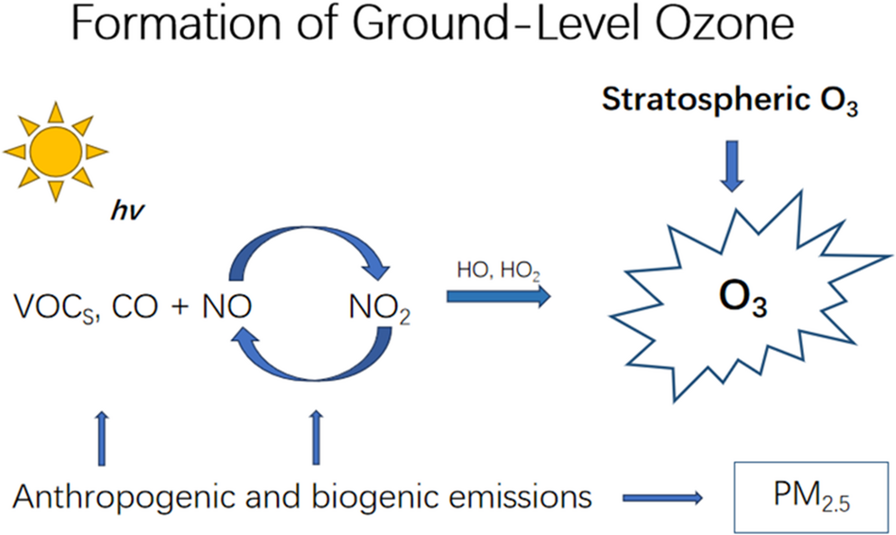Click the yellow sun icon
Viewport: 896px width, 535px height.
point(54,151)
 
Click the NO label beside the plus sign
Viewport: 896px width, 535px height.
point(226,309)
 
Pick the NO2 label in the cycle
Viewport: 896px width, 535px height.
point(378,310)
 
